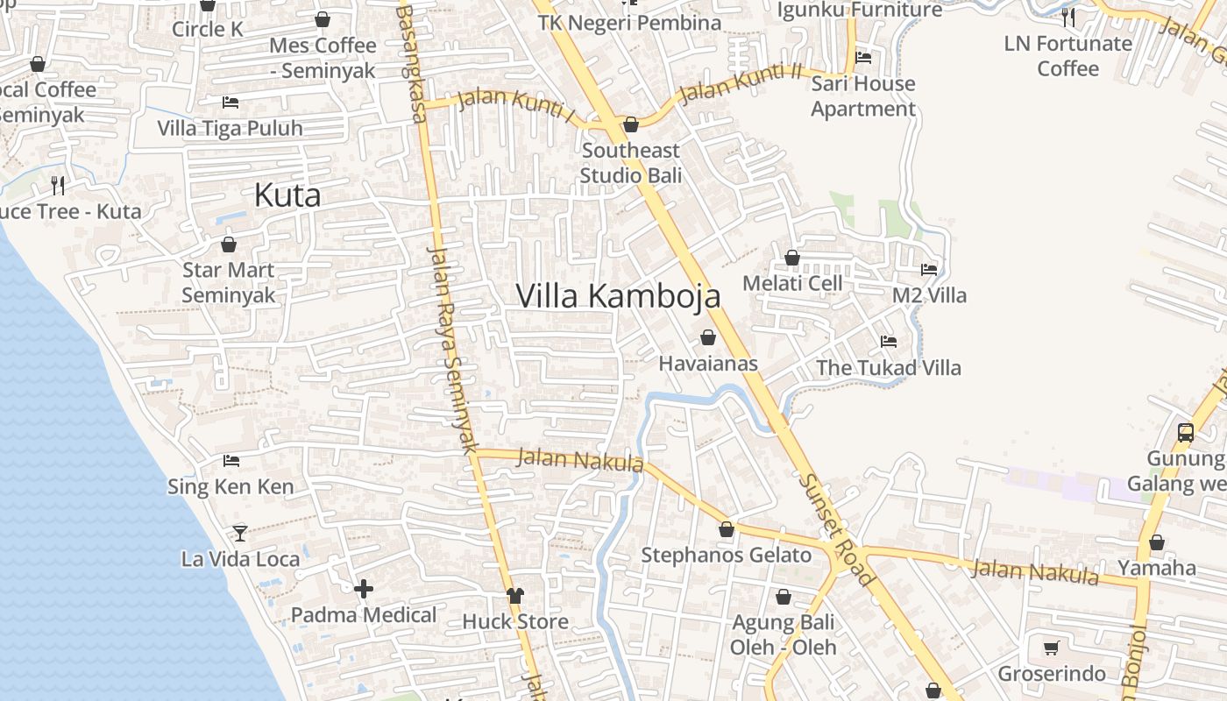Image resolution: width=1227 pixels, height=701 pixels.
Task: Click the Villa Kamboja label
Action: [x=618, y=296]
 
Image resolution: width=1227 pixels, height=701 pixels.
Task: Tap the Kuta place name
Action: [x=287, y=195]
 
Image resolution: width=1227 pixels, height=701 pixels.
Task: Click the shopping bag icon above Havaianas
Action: [x=708, y=337]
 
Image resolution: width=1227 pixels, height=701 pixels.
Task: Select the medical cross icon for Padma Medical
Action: [x=364, y=589]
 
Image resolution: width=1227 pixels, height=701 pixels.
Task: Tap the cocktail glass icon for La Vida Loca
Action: [x=239, y=533]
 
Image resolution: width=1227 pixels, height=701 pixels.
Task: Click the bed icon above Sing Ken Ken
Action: [x=231, y=460]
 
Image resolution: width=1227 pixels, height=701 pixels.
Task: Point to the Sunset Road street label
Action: [x=836, y=531]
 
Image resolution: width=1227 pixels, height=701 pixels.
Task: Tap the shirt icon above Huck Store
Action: [x=515, y=596]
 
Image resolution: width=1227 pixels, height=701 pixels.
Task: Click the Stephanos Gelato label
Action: [x=727, y=555]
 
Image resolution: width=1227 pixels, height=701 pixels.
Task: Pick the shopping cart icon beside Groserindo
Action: [x=1052, y=648]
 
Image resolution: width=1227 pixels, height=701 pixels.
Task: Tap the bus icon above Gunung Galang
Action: [x=1186, y=432]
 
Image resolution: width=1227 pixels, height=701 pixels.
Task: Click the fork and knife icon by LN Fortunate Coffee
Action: [x=1067, y=17]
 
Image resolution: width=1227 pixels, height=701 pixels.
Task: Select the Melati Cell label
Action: [x=792, y=283]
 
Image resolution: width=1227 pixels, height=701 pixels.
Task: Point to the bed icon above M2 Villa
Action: [x=929, y=270]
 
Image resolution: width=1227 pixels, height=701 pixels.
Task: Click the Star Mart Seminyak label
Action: [x=229, y=282]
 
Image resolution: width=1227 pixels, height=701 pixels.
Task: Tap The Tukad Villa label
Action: [x=889, y=367]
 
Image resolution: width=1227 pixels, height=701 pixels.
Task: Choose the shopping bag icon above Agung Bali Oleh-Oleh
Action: [x=784, y=598]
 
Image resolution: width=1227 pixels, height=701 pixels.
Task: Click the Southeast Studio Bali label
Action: [x=631, y=162]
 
